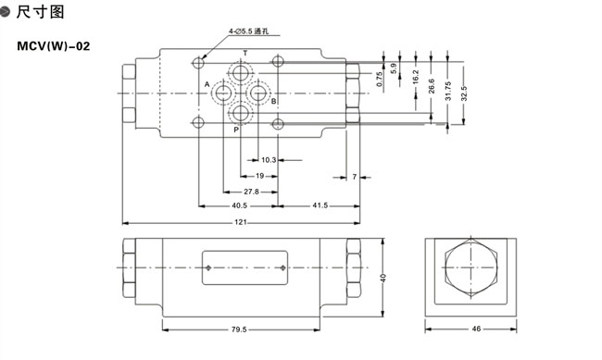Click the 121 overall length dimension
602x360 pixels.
pos(241,222)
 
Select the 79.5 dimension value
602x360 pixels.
pos(239,329)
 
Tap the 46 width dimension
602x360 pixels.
pos(476,329)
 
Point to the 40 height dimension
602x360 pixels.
pos(383,278)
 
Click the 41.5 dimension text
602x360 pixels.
pos(320,205)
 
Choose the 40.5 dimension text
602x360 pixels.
pos(239,205)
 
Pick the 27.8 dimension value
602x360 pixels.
pos(252,192)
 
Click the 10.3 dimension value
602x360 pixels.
pos(269,160)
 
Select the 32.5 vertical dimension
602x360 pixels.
pos(464,93)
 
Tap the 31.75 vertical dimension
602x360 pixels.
pos(448,92)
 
